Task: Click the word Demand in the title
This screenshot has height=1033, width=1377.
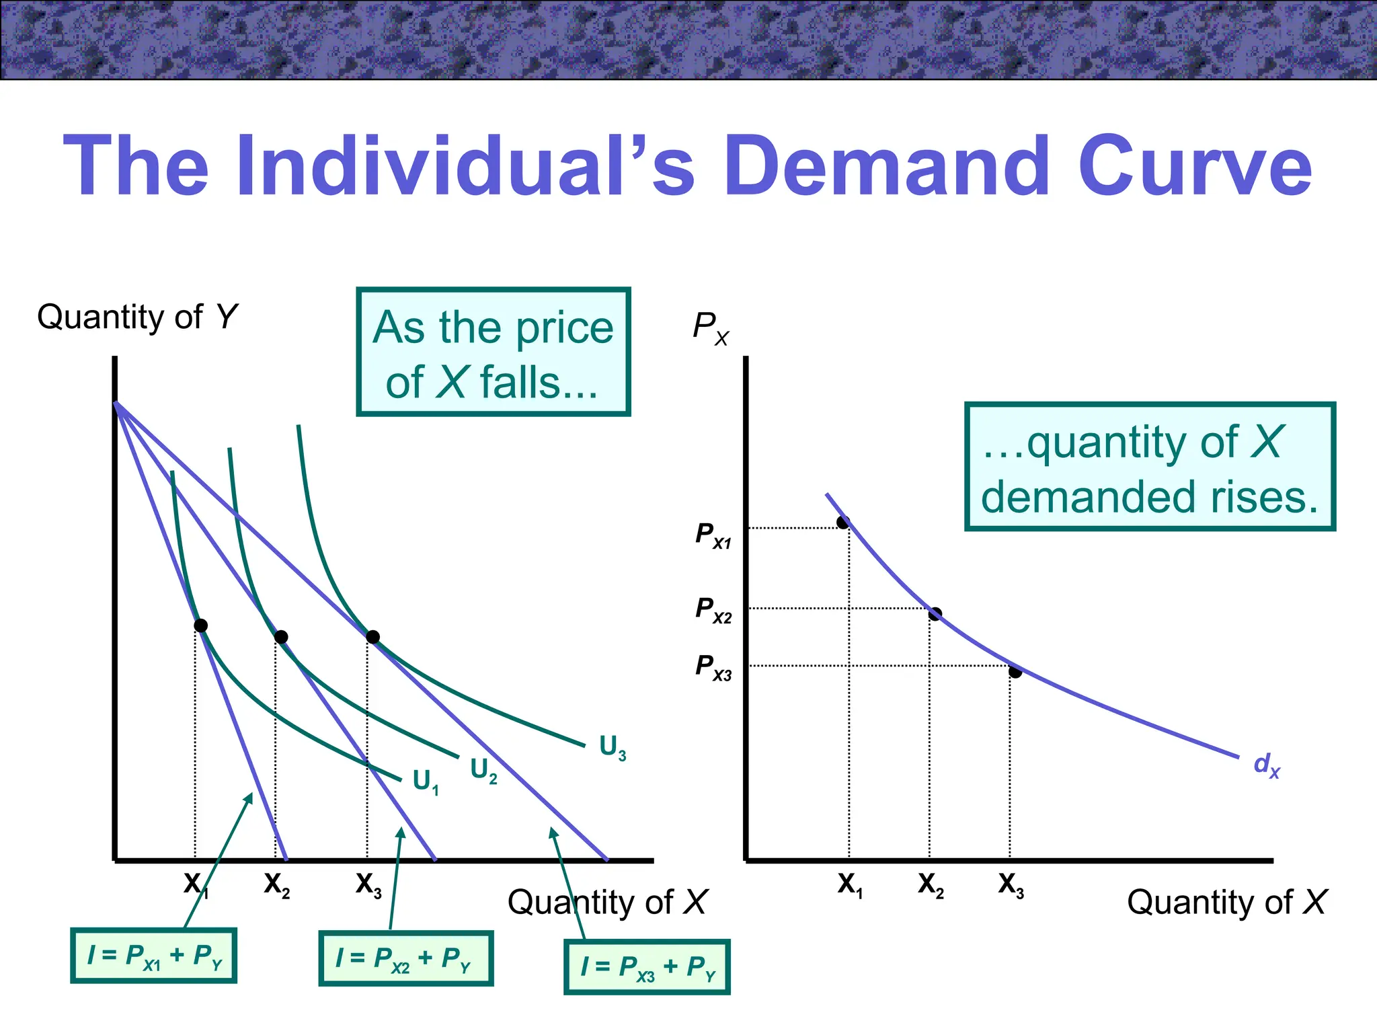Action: [x=886, y=165]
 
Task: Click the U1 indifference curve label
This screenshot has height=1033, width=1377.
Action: [x=426, y=781]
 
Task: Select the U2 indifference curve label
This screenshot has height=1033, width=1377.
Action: [x=483, y=770]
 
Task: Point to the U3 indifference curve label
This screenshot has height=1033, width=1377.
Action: [x=613, y=747]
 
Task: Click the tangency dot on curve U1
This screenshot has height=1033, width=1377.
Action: [x=200, y=625]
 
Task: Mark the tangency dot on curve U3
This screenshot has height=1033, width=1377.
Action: [x=372, y=637]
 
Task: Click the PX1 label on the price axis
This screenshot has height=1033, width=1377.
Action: [x=713, y=536]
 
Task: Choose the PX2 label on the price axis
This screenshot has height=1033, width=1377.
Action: [x=713, y=610]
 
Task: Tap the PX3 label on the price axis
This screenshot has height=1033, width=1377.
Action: [x=713, y=667]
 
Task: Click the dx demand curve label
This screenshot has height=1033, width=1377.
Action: [x=1267, y=765]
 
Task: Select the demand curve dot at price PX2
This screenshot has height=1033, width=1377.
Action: [x=935, y=614]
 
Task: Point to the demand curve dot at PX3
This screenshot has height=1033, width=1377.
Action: [x=1015, y=672]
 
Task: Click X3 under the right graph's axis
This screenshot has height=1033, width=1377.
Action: [x=1011, y=884]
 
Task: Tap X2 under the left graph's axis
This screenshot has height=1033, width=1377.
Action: [x=276, y=884]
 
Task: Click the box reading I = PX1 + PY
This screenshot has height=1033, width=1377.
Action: [x=154, y=956]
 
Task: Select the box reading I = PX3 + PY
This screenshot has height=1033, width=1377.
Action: [x=647, y=967]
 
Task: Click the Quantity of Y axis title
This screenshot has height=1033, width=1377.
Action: [x=137, y=317]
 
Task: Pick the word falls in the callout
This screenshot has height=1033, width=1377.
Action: [x=538, y=383]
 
